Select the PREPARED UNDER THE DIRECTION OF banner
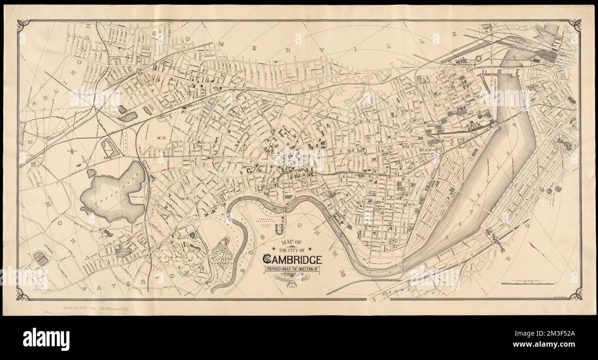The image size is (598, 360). click(x=292, y=269)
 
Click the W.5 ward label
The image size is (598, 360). click(x=351, y=151)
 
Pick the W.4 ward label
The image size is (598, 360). click(x=424, y=150)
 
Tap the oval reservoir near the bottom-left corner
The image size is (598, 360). click(x=41, y=258)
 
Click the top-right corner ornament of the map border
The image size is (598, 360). click(x=575, y=25)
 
